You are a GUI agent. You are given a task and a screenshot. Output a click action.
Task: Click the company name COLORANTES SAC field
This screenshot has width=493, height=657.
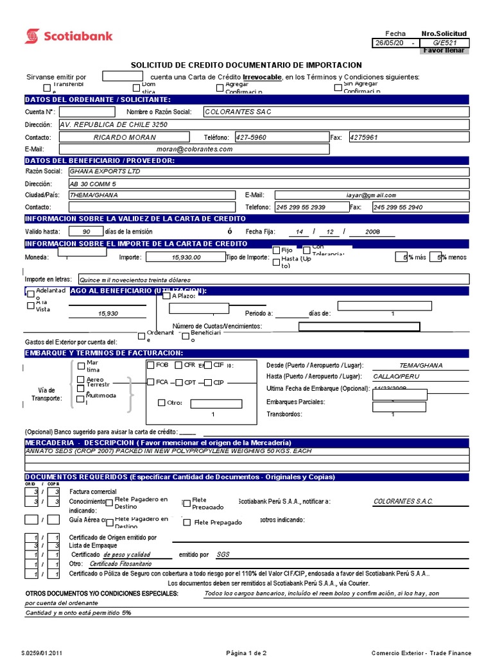click(x=264, y=112)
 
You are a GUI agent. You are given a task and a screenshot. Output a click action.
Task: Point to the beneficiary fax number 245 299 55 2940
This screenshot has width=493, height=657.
click(x=397, y=207)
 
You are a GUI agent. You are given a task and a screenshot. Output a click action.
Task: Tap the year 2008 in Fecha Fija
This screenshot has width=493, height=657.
click(x=372, y=231)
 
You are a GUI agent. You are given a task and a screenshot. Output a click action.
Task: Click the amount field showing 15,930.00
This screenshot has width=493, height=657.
click(x=186, y=257)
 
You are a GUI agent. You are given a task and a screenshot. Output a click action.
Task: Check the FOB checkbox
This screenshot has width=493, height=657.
click(x=151, y=365)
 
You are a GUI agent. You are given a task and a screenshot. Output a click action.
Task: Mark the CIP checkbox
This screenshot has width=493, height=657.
click(x=208, y=383)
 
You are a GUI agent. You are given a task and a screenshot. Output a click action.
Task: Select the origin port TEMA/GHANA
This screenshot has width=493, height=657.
click(x=420, y=365)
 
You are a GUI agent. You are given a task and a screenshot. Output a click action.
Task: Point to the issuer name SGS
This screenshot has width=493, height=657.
click(x=223, y=554)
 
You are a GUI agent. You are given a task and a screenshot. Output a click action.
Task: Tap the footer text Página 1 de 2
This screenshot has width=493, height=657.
click(x=246, y=653)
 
